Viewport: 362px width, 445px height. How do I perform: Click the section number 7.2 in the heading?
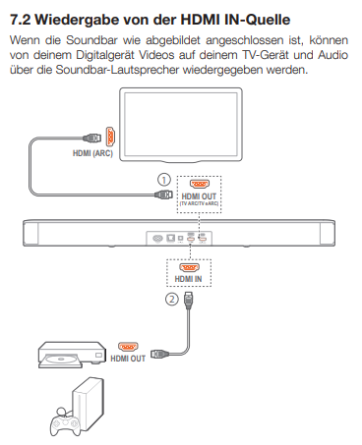(20, 20)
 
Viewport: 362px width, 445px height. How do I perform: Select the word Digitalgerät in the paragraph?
(105, 55)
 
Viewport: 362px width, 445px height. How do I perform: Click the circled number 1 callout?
(164, 180)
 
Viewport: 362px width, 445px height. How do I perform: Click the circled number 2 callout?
(172, 299)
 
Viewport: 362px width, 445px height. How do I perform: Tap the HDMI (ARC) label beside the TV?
(92, 153)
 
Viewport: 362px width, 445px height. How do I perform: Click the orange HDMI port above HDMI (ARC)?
(110, 137)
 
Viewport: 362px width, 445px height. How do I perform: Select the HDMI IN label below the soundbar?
(188, 279)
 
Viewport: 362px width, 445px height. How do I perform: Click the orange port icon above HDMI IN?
(189, 267)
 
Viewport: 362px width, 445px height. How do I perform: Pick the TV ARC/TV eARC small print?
(199, 203)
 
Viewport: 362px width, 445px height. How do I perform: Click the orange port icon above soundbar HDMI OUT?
(200, 185)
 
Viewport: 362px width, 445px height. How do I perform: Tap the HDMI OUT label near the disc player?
(128, 359)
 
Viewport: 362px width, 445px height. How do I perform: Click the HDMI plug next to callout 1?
(163, 195)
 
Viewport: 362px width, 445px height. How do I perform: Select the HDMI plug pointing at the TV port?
(92, 138)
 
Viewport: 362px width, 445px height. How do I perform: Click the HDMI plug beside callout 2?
(189, 301)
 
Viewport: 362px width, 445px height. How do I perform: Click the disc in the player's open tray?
(61, 360)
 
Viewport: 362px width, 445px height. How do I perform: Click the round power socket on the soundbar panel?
(157, 239)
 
